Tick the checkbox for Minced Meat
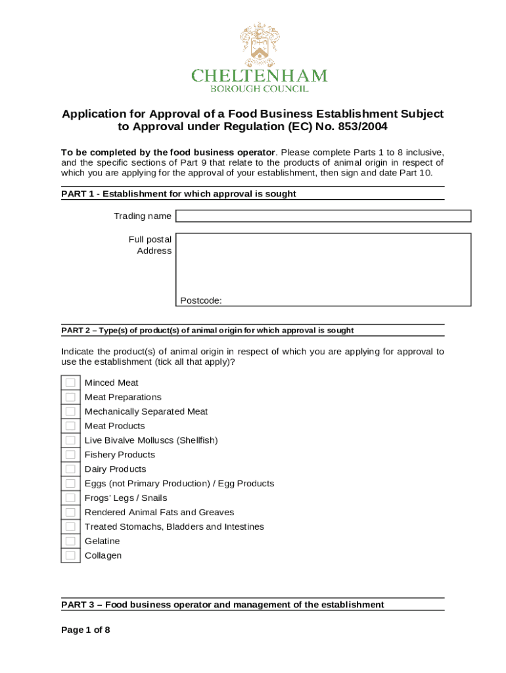(70, 383)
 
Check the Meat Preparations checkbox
(70, 397)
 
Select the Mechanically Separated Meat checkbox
(70, 411)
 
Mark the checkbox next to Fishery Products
(70, 455)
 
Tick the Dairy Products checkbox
(70, 469)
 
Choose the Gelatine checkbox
(70, 541)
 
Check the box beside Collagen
(70, 555)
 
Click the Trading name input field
(323, 216)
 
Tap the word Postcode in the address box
(200, 300)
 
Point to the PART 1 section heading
(179, 194)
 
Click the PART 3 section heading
(222, 605)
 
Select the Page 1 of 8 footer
(85, 630)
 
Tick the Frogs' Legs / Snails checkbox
(70, 498)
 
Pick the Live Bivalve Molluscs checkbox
(70, 440)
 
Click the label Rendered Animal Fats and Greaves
(159, 512)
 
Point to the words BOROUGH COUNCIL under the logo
(259, 89)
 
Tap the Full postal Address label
(151, 245)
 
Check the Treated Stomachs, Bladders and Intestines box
(70, 526)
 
